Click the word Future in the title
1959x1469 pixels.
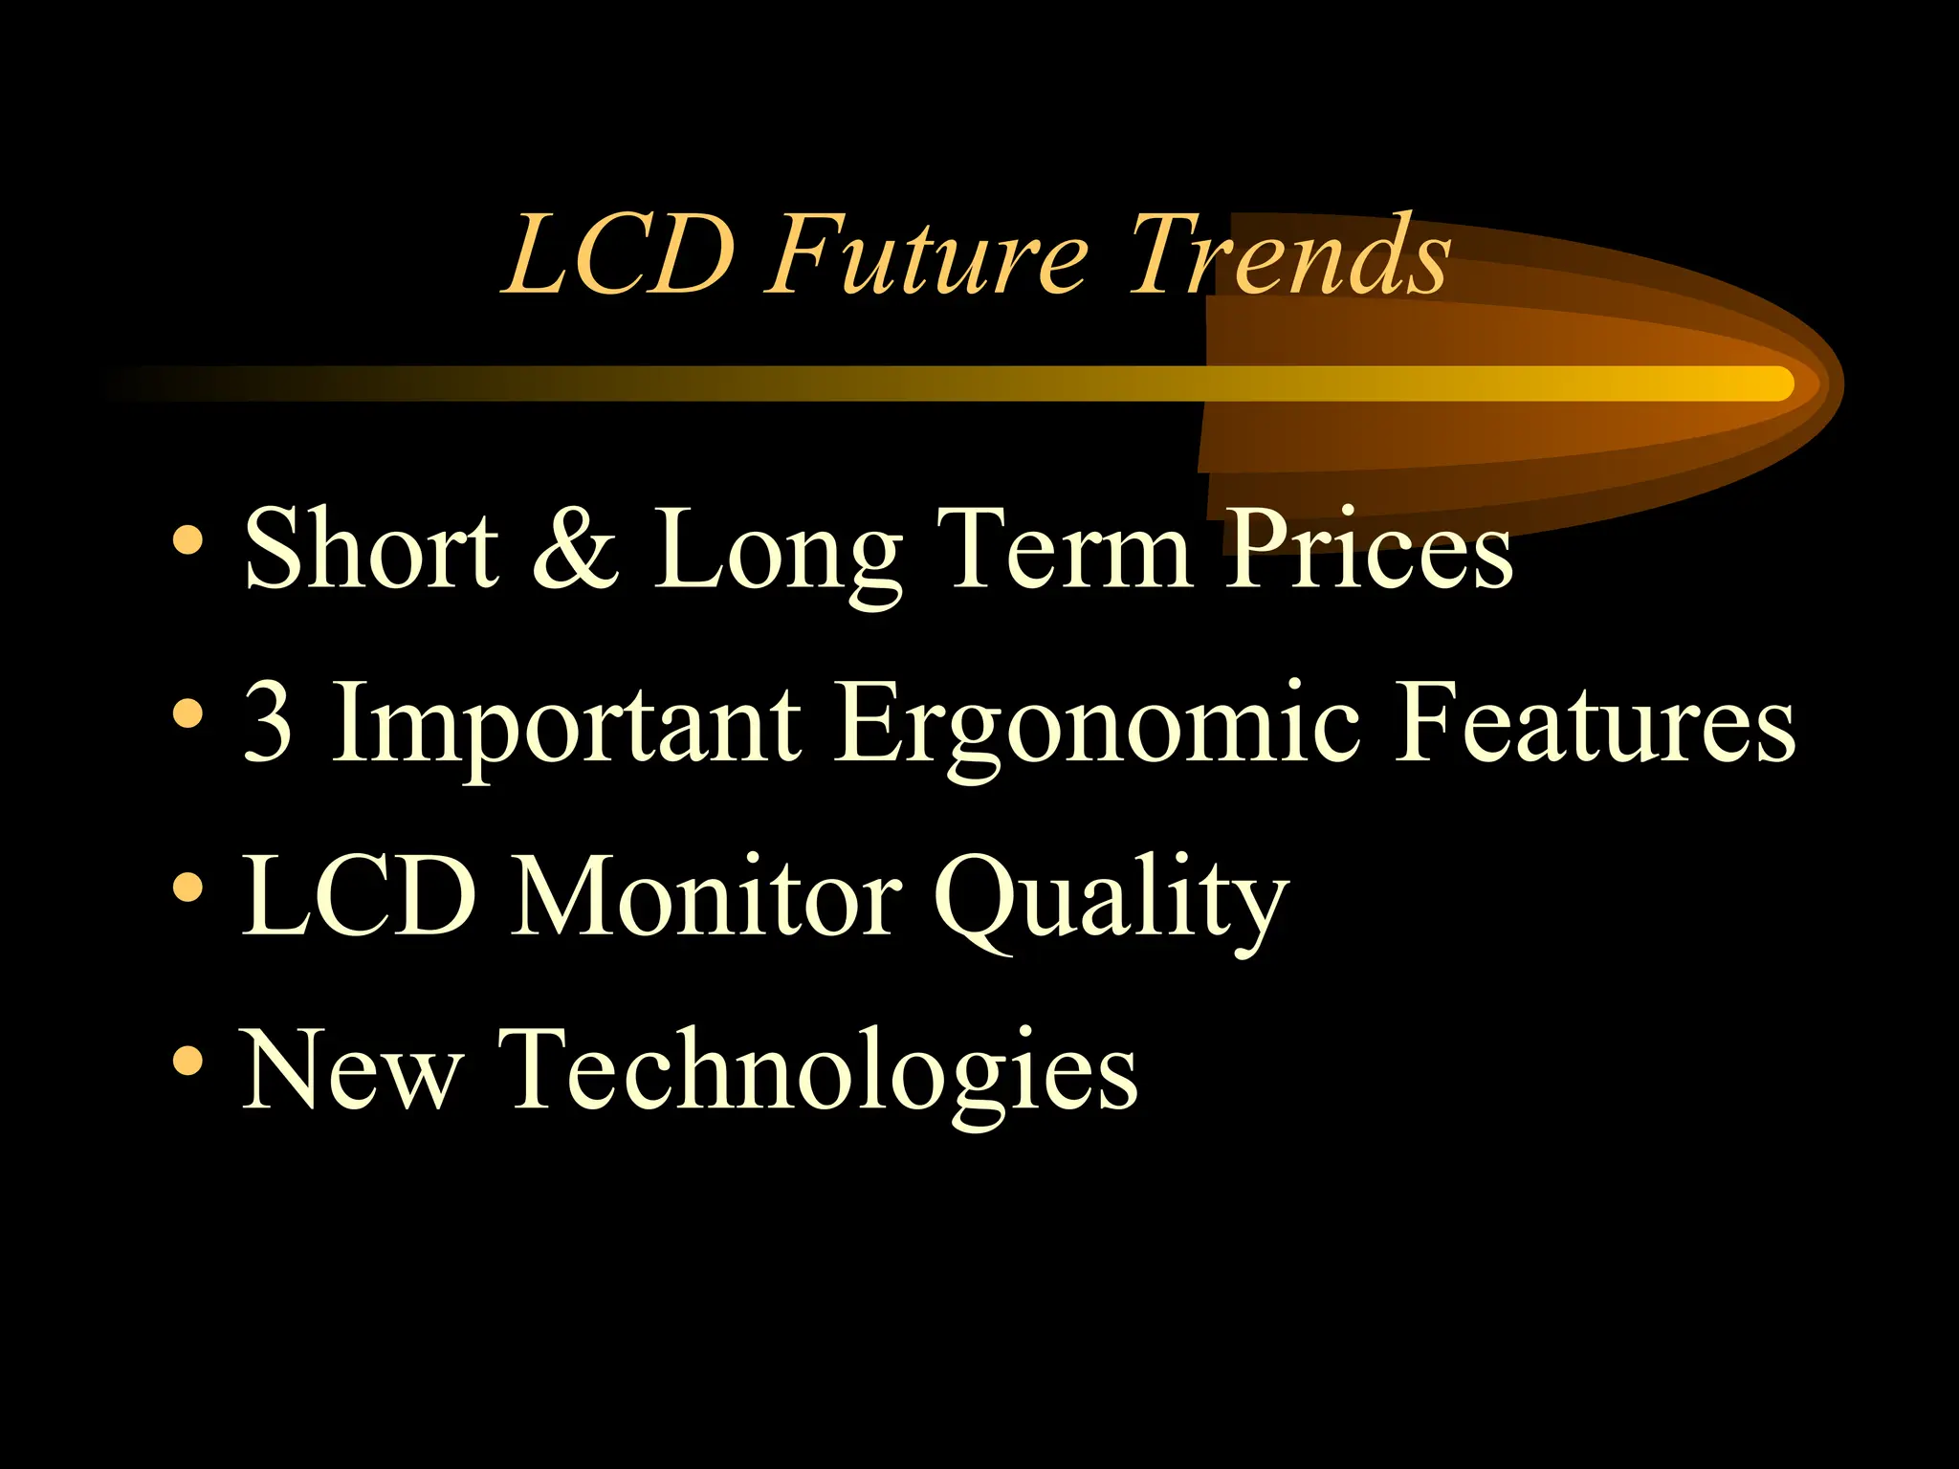coord(926,256)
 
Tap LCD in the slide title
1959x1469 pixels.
coord(620,256)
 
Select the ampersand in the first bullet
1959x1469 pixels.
coord(575,549)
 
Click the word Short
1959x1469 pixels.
coord(371,549)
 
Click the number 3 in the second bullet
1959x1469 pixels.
coord(267,723)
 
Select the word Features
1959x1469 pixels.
coord(1595,723)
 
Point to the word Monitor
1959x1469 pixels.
coord(705,897)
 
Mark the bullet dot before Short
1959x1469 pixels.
coord(188,540)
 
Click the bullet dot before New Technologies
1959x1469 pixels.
coord(188,1061)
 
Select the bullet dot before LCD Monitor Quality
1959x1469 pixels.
coord(188,888)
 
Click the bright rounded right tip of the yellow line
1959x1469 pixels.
coord(1777,384)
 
